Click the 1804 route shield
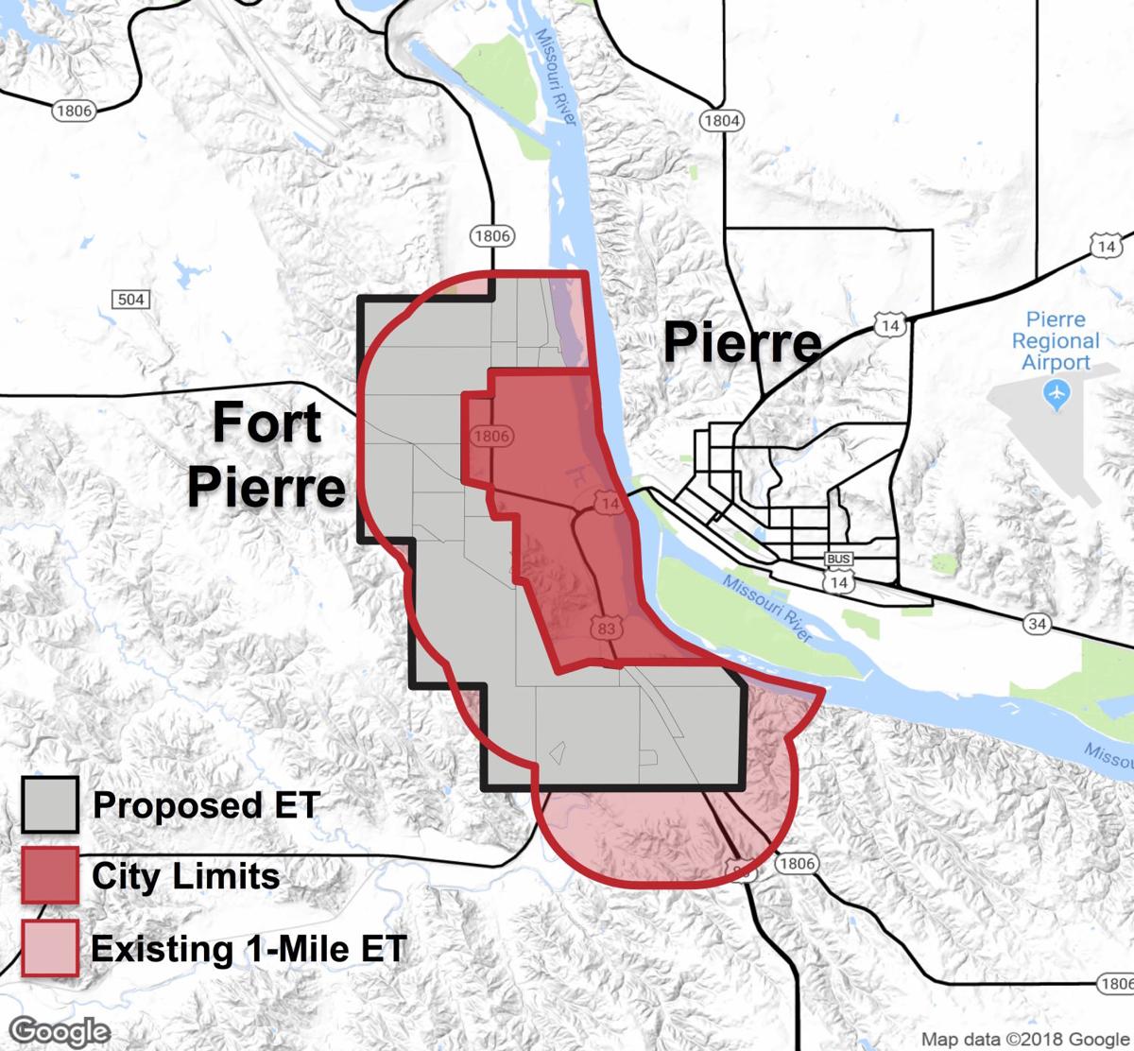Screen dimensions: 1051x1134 pos(721,121)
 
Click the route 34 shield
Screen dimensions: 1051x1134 pos(1037,622)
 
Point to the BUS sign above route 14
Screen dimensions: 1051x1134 pos(838,560)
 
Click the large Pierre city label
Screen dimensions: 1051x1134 pos(742,342)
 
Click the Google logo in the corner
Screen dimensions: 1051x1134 pos(61,1030)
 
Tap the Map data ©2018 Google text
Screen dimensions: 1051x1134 pos(1026,1039)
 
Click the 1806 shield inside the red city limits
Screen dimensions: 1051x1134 pos(490,437)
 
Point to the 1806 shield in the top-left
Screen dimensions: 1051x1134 pos(74,111)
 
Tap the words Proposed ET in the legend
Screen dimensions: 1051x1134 pos(206,805)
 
